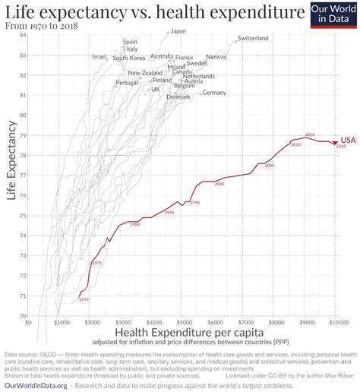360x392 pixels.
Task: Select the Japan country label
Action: pos(178,31)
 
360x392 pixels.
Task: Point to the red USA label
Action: pos(348,141)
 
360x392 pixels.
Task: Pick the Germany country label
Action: pos(214,93)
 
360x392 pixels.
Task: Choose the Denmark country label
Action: pos(178,97)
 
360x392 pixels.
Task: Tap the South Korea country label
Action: pos(128,58)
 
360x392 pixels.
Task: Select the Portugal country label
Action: pos(127,83)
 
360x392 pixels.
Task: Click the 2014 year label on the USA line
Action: pos(309,134)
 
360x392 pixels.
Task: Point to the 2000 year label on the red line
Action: pos(219,185)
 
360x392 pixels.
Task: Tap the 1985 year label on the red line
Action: pos(134,225)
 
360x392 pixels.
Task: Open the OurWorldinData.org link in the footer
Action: pos(36,385)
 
